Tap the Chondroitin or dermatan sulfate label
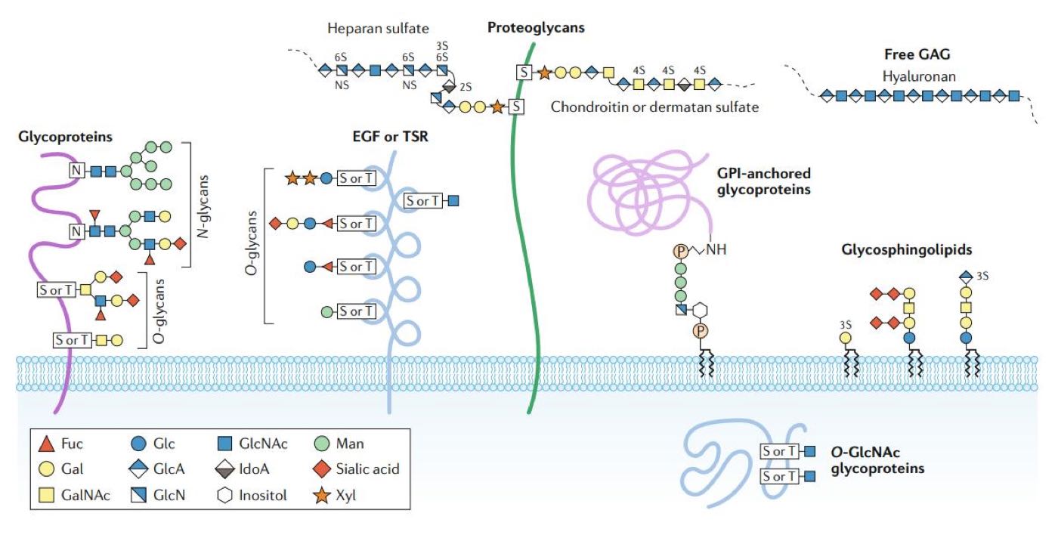[654, 107]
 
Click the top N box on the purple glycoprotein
[76, 171]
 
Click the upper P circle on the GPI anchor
[680, 249]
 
